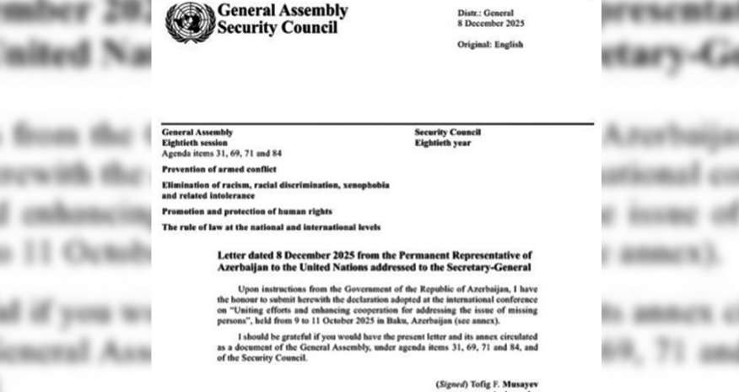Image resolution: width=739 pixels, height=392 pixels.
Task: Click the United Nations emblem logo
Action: [190, 22]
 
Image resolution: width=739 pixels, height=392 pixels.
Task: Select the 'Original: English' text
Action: [488, 44]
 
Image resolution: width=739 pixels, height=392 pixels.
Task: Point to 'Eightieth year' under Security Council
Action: [443, 143]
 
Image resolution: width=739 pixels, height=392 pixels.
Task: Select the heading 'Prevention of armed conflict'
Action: [212, 169]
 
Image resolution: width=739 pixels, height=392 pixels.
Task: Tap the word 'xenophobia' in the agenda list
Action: [363, 184]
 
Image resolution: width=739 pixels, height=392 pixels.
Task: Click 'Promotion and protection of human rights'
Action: [246, 210]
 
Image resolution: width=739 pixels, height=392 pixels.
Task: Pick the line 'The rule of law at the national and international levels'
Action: [271, 226]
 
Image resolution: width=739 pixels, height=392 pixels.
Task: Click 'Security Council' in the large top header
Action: [278, 27]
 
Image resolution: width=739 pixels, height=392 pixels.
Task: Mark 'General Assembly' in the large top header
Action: [282, 11]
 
